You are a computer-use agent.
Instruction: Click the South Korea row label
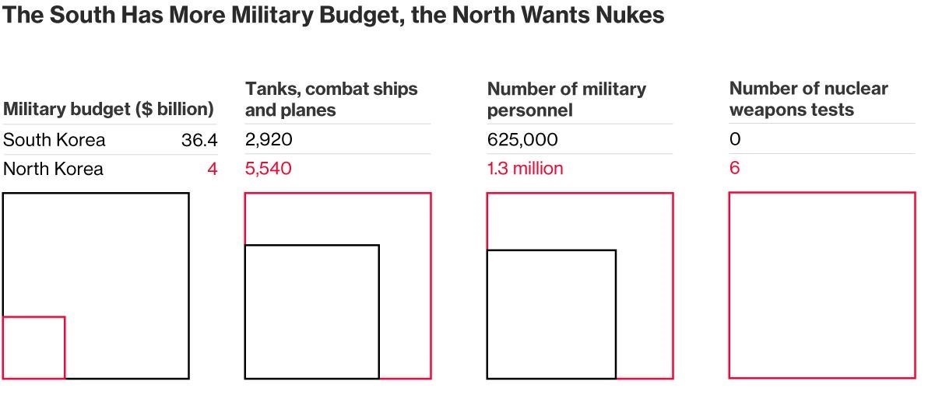coord(54,141)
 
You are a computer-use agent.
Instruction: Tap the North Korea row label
coord(53,169)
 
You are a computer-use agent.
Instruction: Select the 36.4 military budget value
coord(199,141)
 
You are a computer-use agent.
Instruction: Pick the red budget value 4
coord(212,169)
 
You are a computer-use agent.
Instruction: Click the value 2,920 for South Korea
coord(269,140)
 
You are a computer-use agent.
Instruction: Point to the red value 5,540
coord(269,168)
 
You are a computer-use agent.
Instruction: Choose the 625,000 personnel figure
coord(522,140)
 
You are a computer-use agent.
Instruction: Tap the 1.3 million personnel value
coord(525,168)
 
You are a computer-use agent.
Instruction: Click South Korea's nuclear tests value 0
coord(735,140)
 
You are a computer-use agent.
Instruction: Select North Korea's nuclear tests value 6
coord(735,168)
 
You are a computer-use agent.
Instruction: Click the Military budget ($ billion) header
coord(108,110)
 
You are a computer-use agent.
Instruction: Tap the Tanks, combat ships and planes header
coord(331,100)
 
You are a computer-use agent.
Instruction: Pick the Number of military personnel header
coord(566,100)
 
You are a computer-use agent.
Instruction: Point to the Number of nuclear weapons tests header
coord(808,100)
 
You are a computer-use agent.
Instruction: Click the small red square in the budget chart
coord(33,348)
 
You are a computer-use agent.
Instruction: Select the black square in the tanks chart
coord(311,312)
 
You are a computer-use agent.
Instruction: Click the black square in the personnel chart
coord(551,314)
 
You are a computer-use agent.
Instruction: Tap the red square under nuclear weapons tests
coord(822,285)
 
